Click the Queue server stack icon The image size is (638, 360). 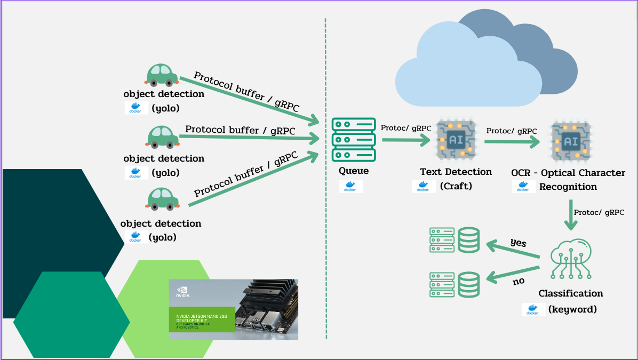point(353,140)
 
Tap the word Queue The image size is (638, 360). point(354,171)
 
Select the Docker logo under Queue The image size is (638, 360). point(350,186)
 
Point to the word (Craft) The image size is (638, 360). point(456,186)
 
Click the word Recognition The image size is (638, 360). point(568,187)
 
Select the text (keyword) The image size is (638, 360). point(572,309)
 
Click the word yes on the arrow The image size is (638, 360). point(518,243)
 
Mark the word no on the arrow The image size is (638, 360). point(519,281)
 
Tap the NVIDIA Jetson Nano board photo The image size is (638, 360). point(233,309)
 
